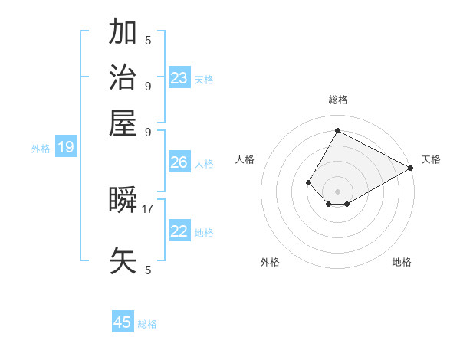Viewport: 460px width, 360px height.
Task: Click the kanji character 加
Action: coord(123,32)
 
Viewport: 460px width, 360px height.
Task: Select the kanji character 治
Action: coord(123,77)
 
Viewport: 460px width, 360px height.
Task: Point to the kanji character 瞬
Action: coord(123,201)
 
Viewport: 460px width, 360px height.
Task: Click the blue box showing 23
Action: coord(179,78)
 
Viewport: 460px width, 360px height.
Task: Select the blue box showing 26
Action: coord(179,162)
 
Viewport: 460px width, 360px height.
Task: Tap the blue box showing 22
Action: coord(179,231)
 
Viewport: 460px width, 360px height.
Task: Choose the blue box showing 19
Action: coord(66,147)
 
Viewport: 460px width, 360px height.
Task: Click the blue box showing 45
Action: coord(123,322)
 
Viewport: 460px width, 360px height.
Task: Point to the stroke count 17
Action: coord(148,208)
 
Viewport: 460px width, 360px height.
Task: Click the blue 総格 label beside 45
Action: coord(147,324)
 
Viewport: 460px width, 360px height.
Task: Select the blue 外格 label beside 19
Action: coord(41,149)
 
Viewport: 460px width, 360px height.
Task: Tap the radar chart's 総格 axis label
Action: coord(338,100)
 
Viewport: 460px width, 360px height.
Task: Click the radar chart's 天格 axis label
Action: coord(431,159)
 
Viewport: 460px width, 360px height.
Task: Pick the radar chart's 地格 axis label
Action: coord(402,262)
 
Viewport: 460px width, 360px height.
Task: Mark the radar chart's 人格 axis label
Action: coord(245,159)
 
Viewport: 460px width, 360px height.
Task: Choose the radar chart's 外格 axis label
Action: coord(270,262)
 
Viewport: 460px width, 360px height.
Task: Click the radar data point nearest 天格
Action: coord(411,168)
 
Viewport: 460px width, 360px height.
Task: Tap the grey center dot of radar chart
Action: coord(338,191)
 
